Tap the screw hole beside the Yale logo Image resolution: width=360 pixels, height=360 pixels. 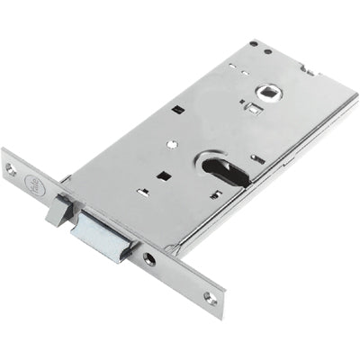pos(12,168)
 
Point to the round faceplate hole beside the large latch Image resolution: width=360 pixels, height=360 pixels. pos(148,258)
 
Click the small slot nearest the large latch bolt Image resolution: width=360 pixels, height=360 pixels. pos(141,191)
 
